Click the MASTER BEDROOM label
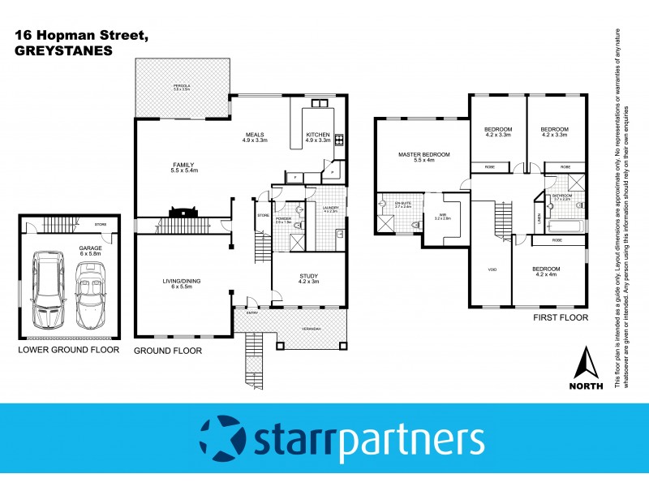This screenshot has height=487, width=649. coord(423,154)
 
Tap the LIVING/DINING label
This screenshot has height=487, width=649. coord(180,281)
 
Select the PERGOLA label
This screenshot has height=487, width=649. coord(181,85)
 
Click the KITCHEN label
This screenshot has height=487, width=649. coord(318,135)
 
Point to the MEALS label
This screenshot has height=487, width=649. coord(255,135)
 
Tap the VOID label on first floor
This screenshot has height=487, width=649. coord(492,269)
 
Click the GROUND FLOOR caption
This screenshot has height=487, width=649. coord(168,351)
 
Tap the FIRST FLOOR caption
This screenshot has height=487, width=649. coord(560,318)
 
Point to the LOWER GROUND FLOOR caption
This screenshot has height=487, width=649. coord(69,351)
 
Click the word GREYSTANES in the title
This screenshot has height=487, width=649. coord(63,50)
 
